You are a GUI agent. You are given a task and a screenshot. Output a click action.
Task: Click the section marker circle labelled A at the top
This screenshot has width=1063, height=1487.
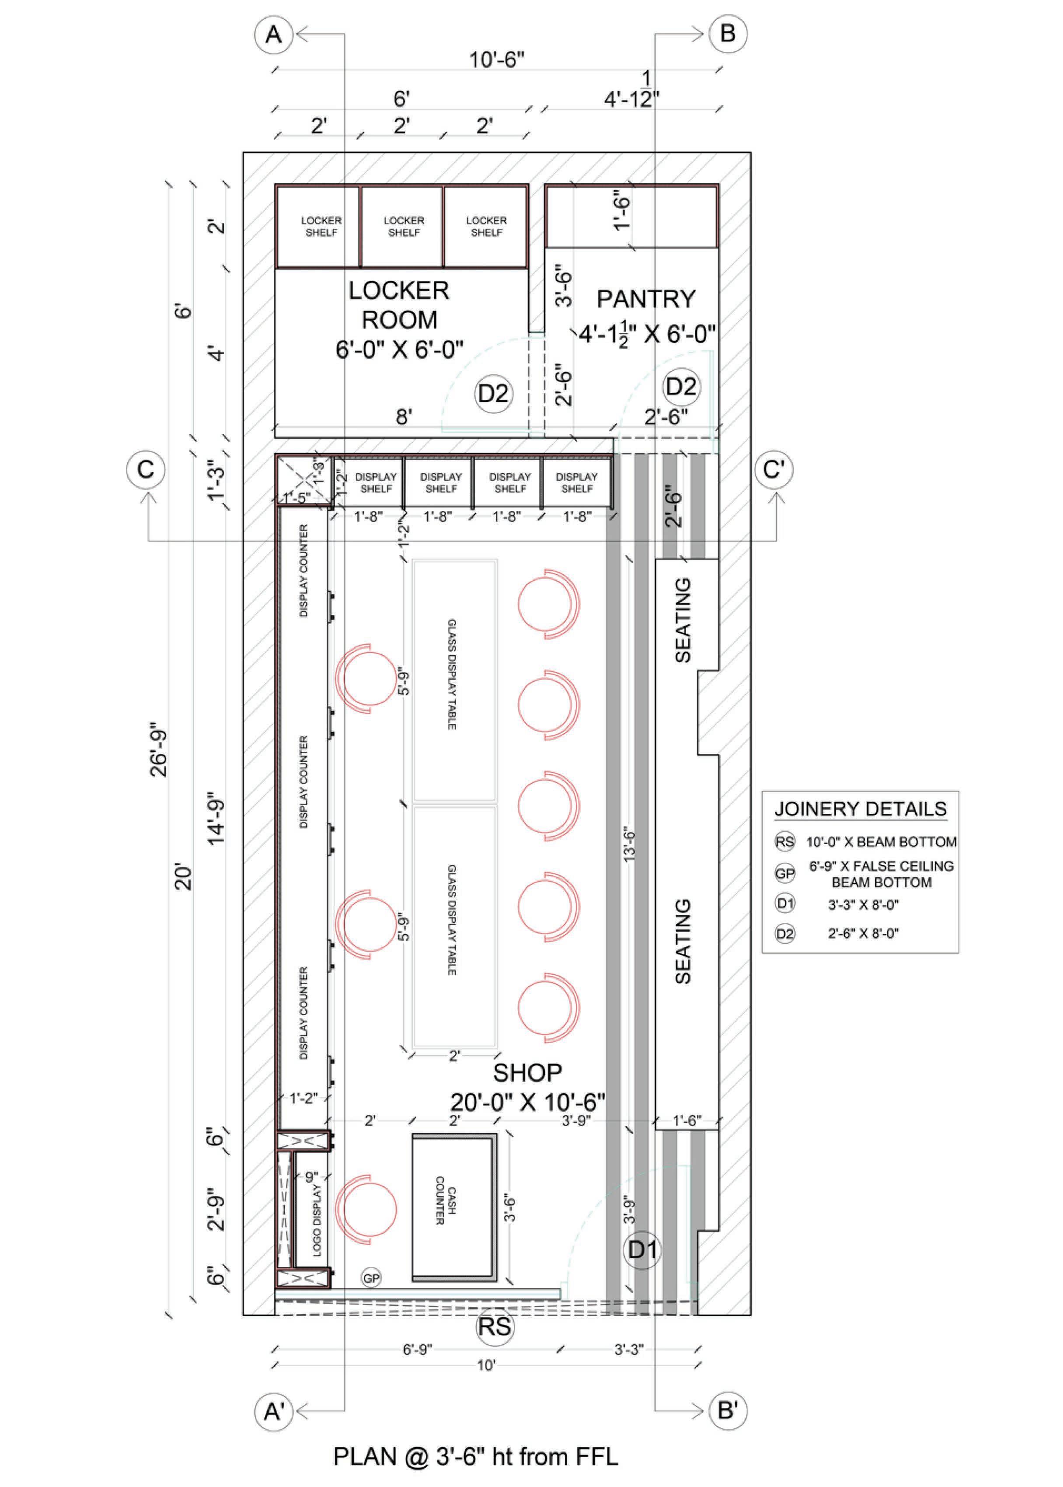[x=274, y=34]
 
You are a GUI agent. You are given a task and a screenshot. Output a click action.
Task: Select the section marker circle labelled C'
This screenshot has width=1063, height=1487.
[x=774, y=470]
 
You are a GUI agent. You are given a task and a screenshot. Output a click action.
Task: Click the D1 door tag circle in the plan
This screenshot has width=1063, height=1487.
[x=642, y=1250]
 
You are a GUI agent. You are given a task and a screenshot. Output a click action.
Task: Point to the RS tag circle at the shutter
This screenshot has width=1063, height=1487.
[x=494, y=1327]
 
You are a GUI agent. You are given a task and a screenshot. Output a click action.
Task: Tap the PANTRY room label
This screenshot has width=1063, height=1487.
[x=645, y=299]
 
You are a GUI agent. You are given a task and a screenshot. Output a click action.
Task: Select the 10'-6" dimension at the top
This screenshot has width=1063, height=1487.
[x=497, y=60]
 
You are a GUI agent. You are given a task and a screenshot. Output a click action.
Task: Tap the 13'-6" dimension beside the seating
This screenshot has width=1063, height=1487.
[x=630, y=844]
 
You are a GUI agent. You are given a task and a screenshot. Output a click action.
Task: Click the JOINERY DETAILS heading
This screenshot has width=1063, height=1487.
[x=860, y=809]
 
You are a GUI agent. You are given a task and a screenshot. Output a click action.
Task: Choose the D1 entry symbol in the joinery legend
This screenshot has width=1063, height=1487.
[x=785, y=904]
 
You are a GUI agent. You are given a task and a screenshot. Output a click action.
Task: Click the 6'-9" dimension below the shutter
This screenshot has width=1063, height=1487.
[x=417, y=1350]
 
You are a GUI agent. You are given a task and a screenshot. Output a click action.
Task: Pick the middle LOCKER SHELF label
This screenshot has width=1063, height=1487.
[x=404, y=227]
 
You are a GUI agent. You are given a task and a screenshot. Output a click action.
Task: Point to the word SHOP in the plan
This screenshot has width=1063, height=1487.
[x=527, y=1073]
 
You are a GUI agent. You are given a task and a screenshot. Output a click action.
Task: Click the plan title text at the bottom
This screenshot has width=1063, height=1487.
[x=475, y=1457]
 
